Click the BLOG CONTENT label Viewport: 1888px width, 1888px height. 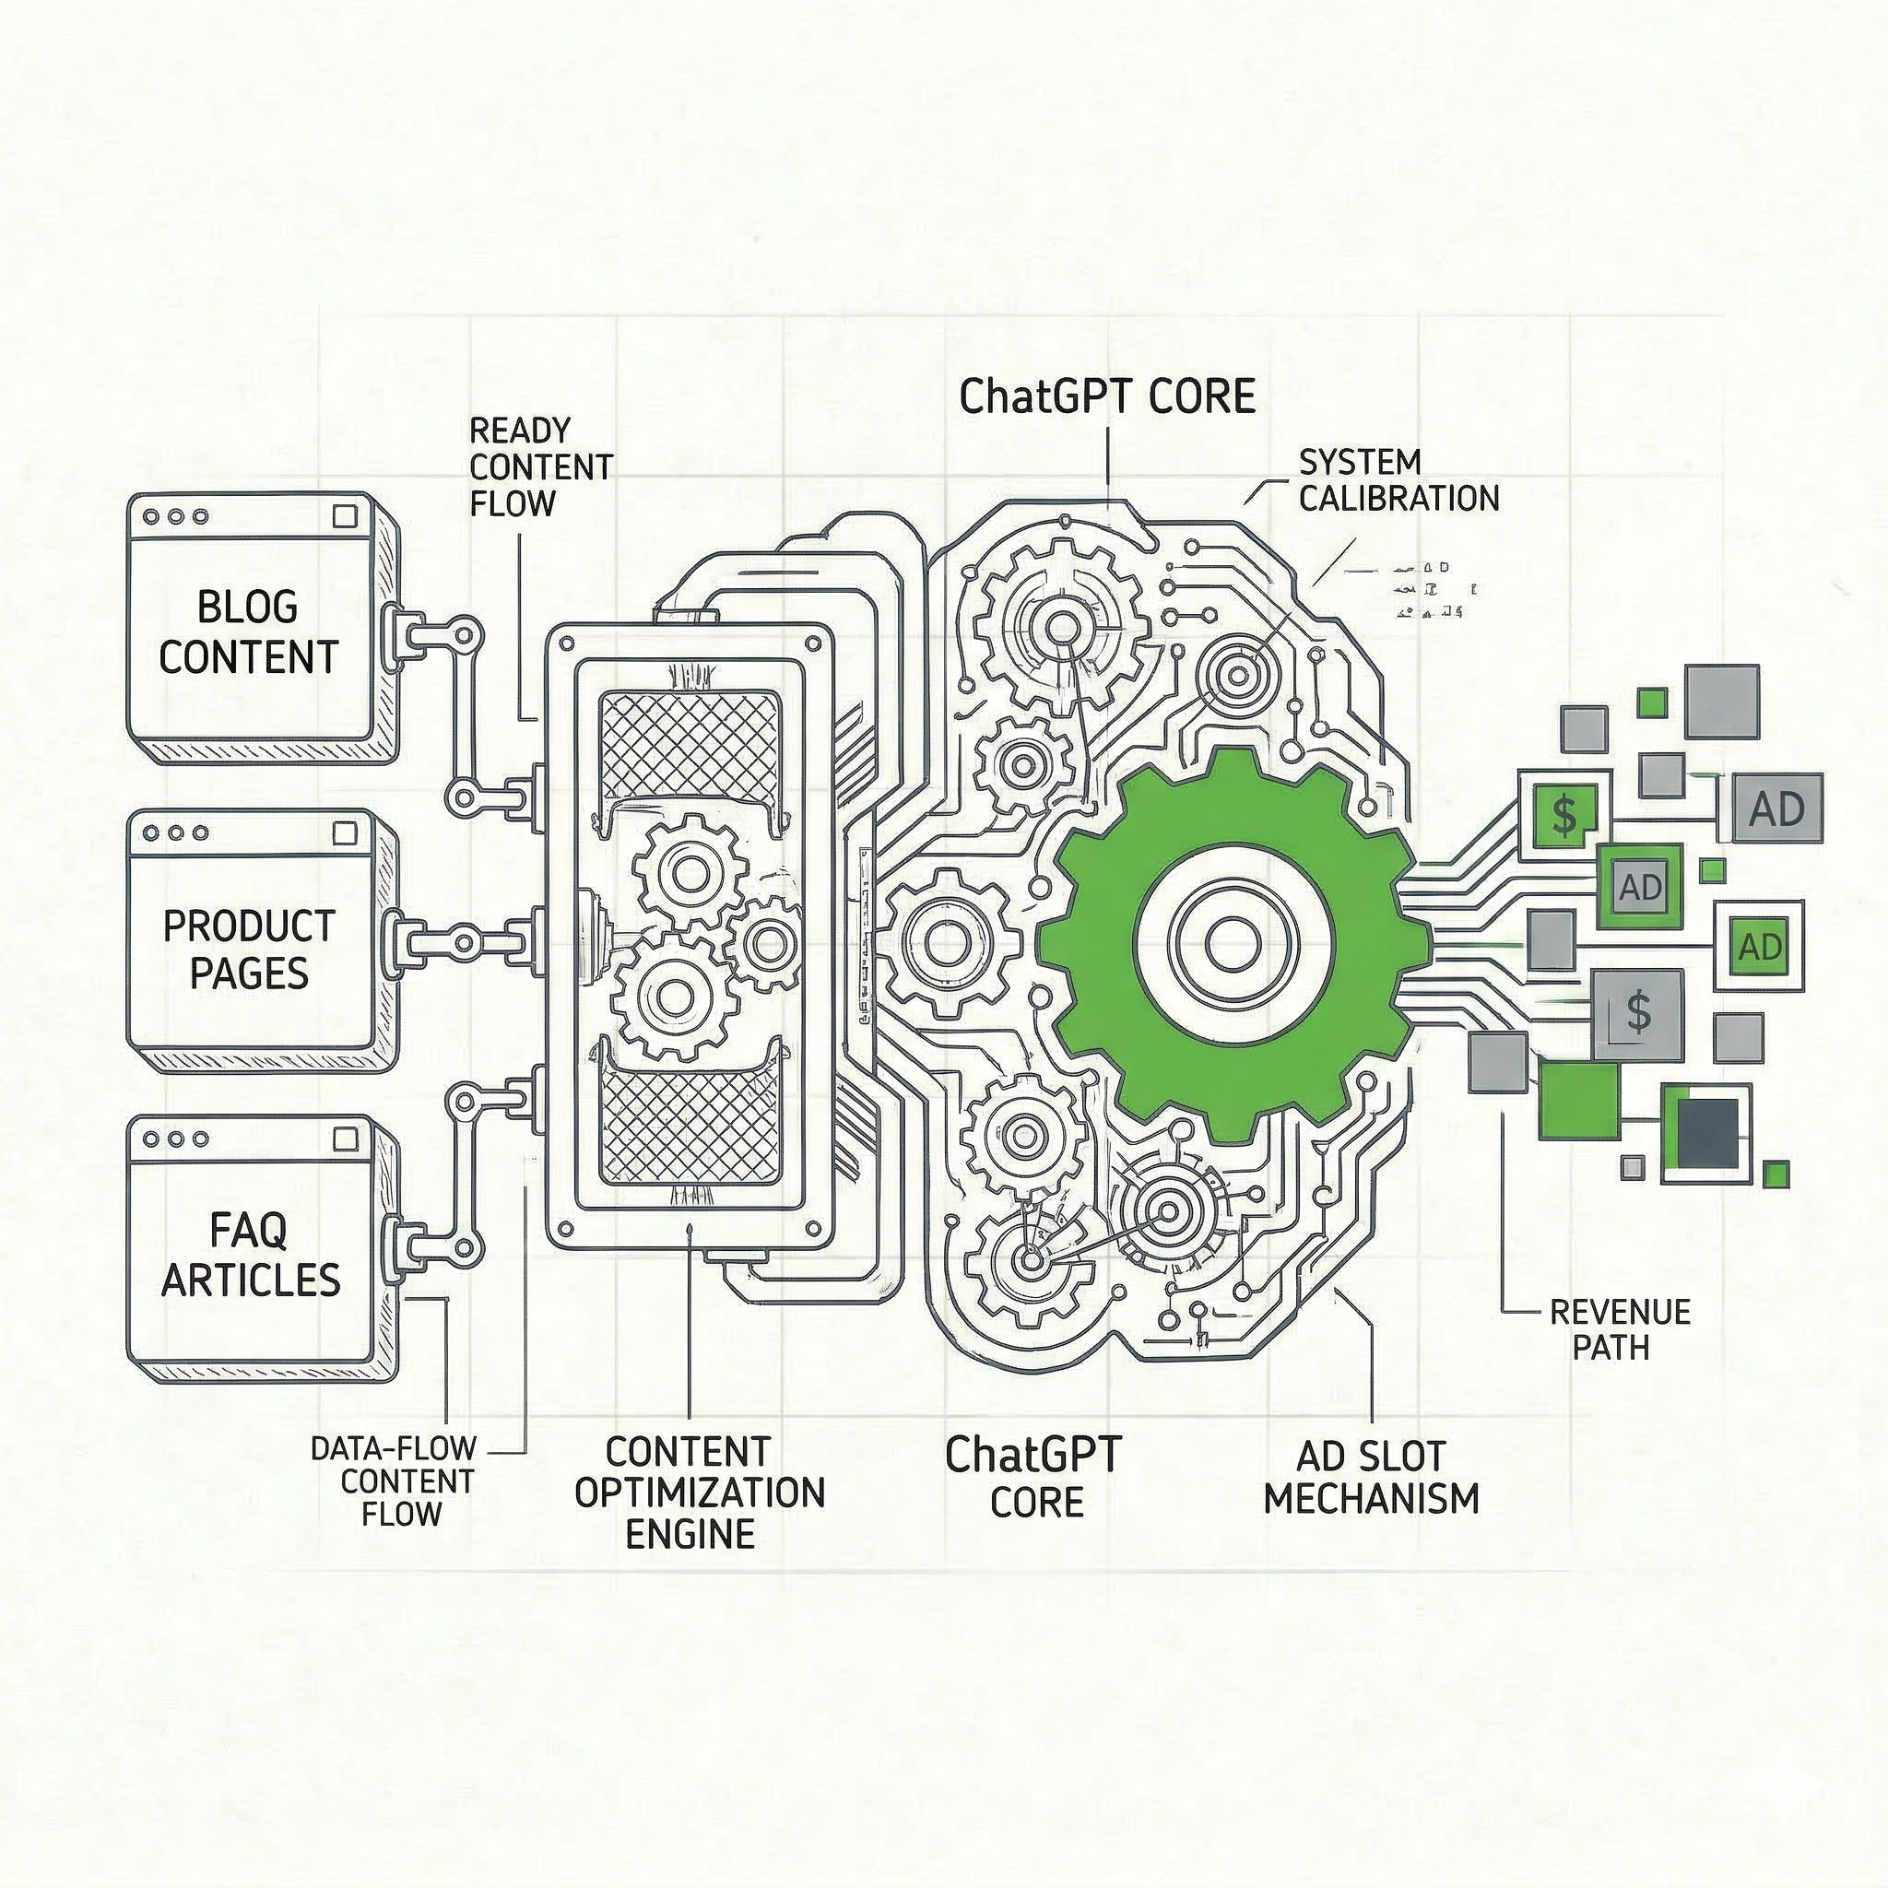pyautogui.click(x=248, y=632)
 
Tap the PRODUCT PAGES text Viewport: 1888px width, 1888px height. pyautogui.click(x=248, y=950)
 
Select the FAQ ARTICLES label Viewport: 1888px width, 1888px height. pyautogui.click(x=250, y=1256)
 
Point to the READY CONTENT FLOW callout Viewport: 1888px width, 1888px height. pyautogui.click(x=540, y=467)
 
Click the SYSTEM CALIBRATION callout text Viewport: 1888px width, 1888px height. pyautogui.click(x=1398, y=481)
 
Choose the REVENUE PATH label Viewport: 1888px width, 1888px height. pyautogui.click(x=1619, y=1329)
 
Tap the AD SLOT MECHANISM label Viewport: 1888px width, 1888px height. pyautogui.click(x=1371, y=1477)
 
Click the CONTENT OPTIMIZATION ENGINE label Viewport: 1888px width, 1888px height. pyautogui.click(x=699, y=1493)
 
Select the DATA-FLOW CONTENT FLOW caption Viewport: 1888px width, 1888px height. pyautogui.click(x=393, y=1481)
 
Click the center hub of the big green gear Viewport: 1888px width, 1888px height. pyautogui.click(x=1223, y=942)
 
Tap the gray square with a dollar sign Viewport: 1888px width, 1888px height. pyautogui.click(x=1638, y=1013)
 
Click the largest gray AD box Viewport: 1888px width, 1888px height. pyautogui.click(x=1776, y=808)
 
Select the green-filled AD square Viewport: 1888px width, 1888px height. pyautogui.click(x=1760, y=946)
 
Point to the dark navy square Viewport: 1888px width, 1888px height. pyautogui.click(x=1706, y=1132)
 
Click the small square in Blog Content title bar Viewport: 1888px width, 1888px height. pyautogui.click(x=345, y=516)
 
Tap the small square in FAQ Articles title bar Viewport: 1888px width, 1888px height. pyautogui.click(x=345, y=1139)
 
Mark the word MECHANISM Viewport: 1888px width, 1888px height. pyautogui.click(x=1371, y=1498)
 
